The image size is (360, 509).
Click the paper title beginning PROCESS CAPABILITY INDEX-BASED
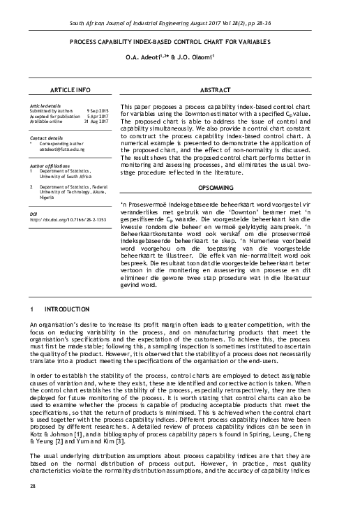click(x=180, y=42)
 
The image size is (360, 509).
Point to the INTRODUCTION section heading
click(x=66, y=309)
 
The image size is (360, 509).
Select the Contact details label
click(x=46, y=138)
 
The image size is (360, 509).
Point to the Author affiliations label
click(x=50, y=165)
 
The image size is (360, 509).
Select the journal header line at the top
click(x=180, y=24)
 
